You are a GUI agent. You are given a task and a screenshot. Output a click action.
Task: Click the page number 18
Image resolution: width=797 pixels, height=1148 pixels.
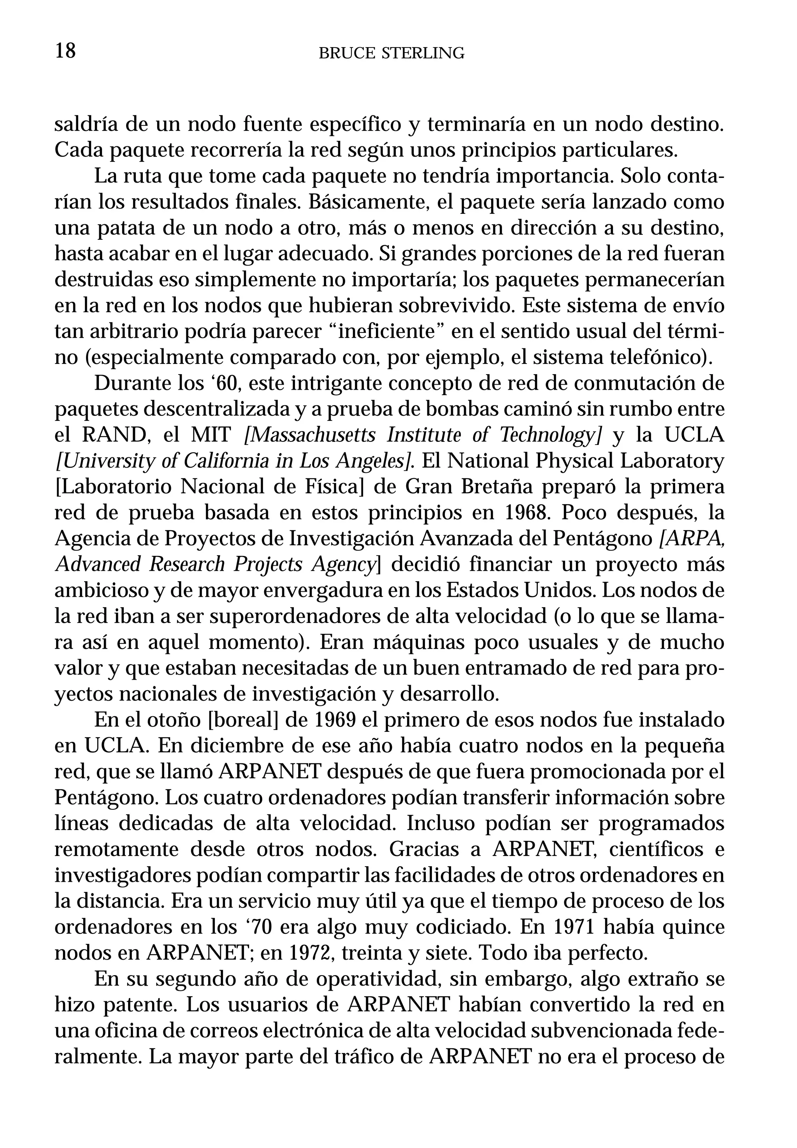(65, 51)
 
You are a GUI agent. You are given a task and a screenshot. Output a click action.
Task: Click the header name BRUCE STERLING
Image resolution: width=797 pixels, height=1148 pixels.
(391, 53)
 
